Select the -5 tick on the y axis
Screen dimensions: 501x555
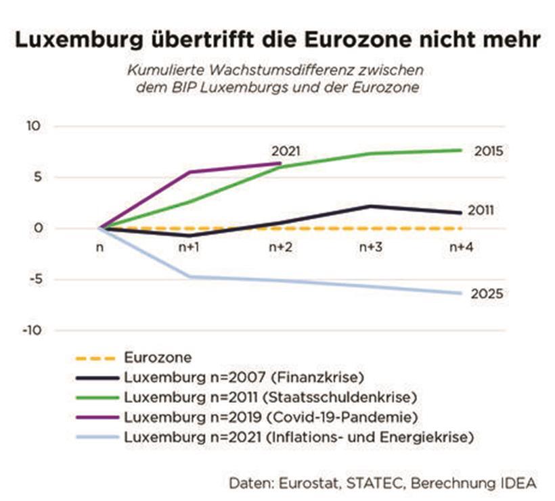[x=35, y=279]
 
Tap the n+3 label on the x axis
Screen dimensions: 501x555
[x=370, y=248]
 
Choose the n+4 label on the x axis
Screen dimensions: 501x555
[x=461, y=248]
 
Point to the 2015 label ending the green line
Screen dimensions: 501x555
[x=489, y=151]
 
